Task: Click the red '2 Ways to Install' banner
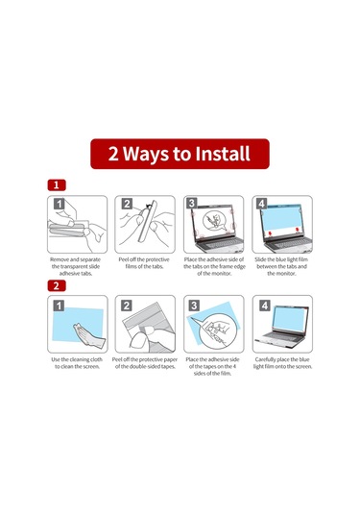click(180, 154)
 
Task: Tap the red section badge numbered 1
click(57, 184)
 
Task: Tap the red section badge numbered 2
click(57, 285)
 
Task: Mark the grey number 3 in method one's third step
click(192, 204)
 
